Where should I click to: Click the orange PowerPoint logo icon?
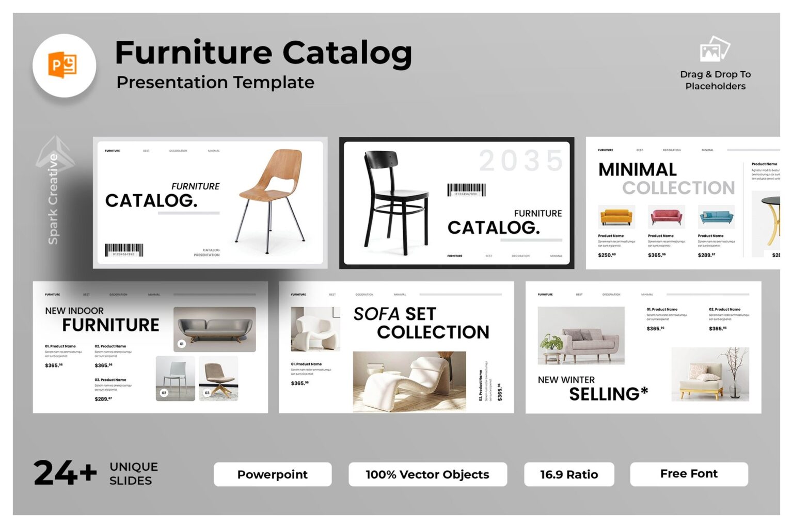tap(63, 65)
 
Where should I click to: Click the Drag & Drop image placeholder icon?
tap(715, 49)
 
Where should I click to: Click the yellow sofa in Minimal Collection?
tap(616, 217)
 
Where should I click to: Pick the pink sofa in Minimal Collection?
tap(666, 217)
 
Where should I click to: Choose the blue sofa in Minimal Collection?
tap(716, 217)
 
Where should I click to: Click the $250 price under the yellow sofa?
tap(607, 255)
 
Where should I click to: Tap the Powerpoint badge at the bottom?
tap(272, 474)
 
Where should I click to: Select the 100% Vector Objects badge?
tap(427, 474)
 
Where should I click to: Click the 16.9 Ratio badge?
tap(568, 474)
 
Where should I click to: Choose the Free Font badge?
tap(689, 474)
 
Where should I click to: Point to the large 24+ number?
tap(65, 473)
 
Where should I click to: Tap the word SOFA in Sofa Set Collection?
tap(376, 314)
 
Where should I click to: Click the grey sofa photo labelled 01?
tap(215, 329)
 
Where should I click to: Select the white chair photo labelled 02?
tap(175, 378)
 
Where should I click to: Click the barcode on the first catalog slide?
tap(124, 250)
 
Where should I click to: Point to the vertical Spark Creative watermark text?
tap(53, 199)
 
